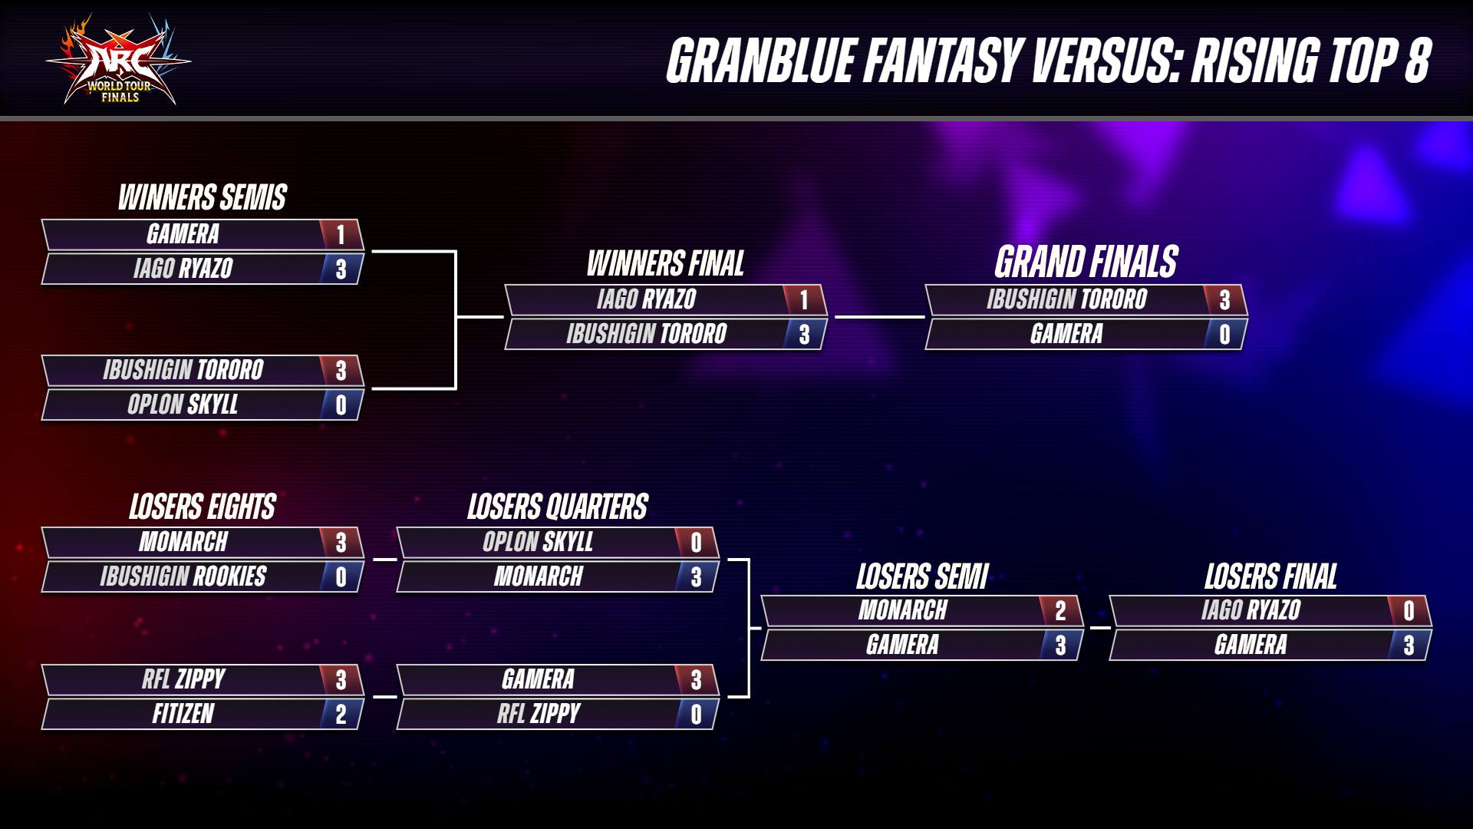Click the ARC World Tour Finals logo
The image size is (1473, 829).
[x=119, y=60]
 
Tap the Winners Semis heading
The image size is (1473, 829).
[x=203, y=197]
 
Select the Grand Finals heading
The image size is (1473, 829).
[x=1086, y=262]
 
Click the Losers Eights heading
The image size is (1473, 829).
[x=203, y=507]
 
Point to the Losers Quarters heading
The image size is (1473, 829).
[x=558, y=507]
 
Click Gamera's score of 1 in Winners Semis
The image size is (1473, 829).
[x=341, y=235]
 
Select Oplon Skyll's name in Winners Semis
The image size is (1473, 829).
[x=183, y=405]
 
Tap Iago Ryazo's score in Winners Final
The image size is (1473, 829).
[x=804, y=300]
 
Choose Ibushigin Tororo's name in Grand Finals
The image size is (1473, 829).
[x=1066, y=299]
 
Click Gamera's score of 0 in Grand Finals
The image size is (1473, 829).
[x=1224, y=335]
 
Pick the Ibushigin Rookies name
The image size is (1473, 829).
[x=183, y=576]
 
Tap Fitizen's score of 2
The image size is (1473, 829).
[x=341, y=715]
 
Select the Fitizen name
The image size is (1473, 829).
[x=183, y=714]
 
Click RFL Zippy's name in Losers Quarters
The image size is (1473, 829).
[x=539, y=714]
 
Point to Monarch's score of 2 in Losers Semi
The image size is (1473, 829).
[x=1060, y=611]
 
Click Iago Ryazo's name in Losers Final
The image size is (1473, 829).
[x=1251, y=610]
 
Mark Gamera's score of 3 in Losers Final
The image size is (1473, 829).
[x=1409, y=646]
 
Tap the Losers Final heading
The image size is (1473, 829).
[x=1270, y=576]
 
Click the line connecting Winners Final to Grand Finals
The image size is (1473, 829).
[x=879, y=316]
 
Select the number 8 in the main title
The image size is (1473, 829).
[x=1418, y=61]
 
